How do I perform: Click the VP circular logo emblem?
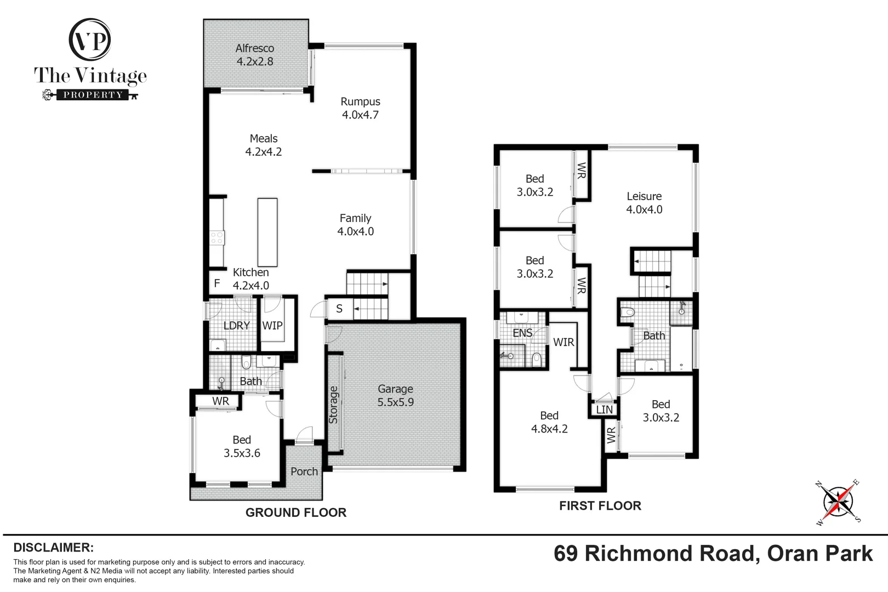click(90, 39)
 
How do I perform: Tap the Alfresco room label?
click(255, 48)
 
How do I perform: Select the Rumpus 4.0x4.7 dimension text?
click(360, 115)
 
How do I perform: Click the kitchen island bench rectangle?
click(267, 232)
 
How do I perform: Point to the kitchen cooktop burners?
click(217, 238)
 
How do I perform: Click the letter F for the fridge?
click(217, 283)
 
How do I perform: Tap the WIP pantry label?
click(272, 326)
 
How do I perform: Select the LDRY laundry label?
click(237, 326)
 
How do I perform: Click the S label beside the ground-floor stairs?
click(339, 309)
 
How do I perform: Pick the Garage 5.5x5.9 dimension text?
click(395, 402)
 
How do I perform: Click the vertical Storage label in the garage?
click(333, 405)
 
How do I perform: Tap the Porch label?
click(304, 471)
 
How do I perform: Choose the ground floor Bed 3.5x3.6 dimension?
click(242, 453)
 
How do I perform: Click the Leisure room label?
click(644, 196)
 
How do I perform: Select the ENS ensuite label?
click(522, 333)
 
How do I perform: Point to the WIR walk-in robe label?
click(563, 342)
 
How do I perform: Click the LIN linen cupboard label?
click(605, 409)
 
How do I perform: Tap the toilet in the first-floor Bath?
click(628, 312)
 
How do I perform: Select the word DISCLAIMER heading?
click(54, 548)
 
